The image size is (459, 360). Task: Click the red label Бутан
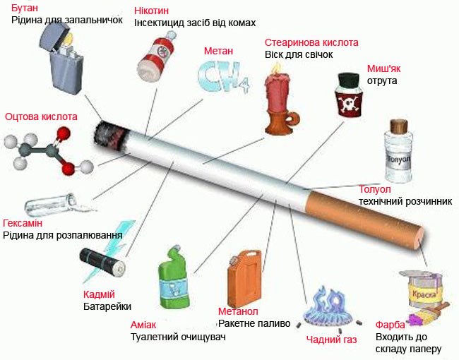[x=25, y=8]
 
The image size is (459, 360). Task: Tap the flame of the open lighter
[x=68, y=40]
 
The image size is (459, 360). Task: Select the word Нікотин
[x=151, y=11]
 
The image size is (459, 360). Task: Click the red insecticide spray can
[x=156, y=56]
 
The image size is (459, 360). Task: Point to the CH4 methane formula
[x=224, y=77]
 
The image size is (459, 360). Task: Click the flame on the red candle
[x=275, y=68]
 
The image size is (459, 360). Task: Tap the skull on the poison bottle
[x=348, y=103]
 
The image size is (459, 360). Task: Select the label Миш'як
[x=383, y=68]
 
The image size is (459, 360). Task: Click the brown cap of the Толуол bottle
[x=399, y=126]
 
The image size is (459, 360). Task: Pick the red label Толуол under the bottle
[x=375, y=189]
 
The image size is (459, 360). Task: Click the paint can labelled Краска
[x=424, y=288]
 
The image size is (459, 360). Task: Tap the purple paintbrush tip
[x=415, y=319]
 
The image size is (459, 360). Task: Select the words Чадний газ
[x=331, y=340]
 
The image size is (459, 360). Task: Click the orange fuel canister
[x=244, y=277]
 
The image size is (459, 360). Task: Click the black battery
[x=102, y=263]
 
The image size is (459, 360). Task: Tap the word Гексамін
[x=23, y=223]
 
